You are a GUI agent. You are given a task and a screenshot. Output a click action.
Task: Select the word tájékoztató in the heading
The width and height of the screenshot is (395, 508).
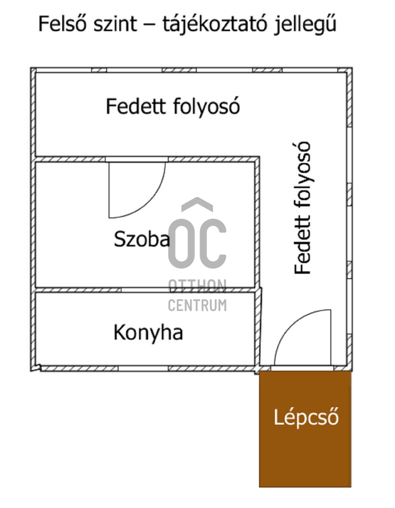click(x=216, y=24)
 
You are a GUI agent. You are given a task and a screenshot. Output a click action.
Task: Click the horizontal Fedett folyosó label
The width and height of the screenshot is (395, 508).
click(x=172, y=106)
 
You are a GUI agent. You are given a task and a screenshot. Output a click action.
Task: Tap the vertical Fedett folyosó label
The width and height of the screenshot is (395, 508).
click(x=303, y=207)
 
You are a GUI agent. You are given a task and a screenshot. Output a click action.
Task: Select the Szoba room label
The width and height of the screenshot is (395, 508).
click(x=142, y=240)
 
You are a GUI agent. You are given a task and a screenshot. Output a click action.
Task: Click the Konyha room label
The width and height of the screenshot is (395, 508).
click(x=148, y=333)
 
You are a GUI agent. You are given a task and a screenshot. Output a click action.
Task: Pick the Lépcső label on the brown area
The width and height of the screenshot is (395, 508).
click(x=306, y=417)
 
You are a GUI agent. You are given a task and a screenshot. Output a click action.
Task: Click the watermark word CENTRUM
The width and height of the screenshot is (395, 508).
click(x=197, y=306)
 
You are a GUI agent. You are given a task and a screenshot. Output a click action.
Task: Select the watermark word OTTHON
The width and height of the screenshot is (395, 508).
click(x=197, y=285)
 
